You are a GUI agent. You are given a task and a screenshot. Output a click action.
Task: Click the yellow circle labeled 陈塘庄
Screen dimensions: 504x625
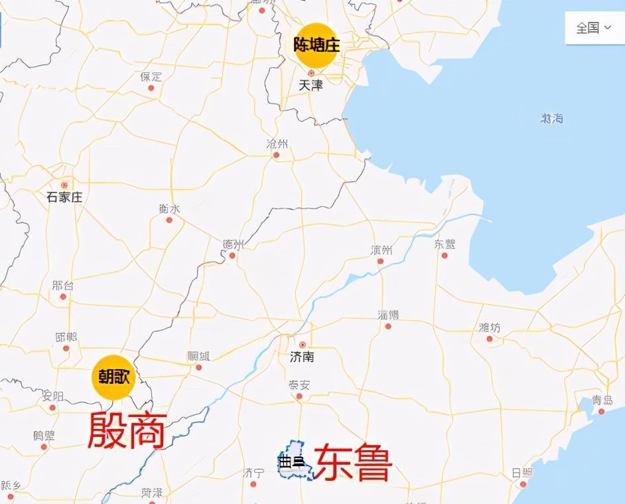coord(316,44)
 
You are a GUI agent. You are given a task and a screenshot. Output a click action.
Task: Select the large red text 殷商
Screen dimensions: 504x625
coord(127,430)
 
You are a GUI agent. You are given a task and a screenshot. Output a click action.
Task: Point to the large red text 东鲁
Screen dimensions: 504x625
coord(353,463)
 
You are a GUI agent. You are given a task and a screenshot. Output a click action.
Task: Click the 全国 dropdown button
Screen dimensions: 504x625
coord(593,28)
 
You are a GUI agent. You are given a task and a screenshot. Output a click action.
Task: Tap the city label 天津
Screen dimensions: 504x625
coord(310,85)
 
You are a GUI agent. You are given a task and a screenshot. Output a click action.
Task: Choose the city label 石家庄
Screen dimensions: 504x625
coord(64,197)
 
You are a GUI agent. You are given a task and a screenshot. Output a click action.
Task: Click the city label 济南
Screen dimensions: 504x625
coord(302,357)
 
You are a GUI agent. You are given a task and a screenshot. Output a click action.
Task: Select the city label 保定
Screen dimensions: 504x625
coord(151,76)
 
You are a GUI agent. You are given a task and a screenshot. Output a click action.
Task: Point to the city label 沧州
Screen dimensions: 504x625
coord(277,144)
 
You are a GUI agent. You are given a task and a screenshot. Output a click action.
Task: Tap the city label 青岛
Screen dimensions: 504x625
coord(602,400)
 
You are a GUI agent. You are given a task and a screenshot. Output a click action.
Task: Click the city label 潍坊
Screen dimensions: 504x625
coord(489,327)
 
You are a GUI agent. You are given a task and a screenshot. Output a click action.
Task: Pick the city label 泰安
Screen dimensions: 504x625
coord(299,385)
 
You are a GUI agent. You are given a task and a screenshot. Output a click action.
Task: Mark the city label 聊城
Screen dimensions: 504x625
coord(198,356)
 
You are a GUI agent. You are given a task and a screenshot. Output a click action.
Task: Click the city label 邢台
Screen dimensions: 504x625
coord(63,286)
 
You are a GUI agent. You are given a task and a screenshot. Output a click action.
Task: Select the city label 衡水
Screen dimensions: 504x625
coord(169,209)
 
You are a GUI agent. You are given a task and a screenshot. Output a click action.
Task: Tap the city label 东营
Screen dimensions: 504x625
coord(445,244)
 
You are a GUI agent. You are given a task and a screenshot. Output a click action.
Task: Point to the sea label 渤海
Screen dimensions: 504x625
coord(551,118)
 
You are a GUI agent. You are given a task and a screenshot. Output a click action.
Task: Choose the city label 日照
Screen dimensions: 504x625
coord(521,473)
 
